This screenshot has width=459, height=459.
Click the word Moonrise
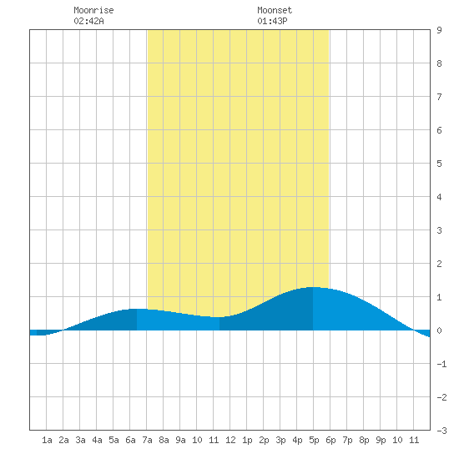(x=93, y=10)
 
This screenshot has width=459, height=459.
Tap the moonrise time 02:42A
(x=88, y=21)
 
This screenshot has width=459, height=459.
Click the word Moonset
(x=275, y=10)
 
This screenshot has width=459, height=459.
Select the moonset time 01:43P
(x=272, y=21)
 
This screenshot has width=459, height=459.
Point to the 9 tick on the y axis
(x=439, y=30)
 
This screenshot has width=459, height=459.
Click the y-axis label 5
(x=439, y=164)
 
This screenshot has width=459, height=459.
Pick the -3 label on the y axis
(x=441, y=431)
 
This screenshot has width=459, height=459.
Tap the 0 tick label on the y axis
(x=439, y=330)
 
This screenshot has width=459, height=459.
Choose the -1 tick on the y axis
(x=441, y=364)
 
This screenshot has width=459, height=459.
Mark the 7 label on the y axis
(x=439, y=97)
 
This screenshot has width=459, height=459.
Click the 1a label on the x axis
(x=47, y=440)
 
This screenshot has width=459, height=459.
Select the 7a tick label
(x=147, y=440)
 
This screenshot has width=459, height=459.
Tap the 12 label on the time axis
(x=230, y=440)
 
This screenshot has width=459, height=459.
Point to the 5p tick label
(x=314, y=440)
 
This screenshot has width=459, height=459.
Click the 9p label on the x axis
(x=381, y=440)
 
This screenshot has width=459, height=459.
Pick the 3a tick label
(x=80, y=440)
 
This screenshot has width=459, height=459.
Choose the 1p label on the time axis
(x=247, y=440)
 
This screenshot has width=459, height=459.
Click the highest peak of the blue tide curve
(x=313, y=287)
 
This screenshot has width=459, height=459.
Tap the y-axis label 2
(x=439, y=264)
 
